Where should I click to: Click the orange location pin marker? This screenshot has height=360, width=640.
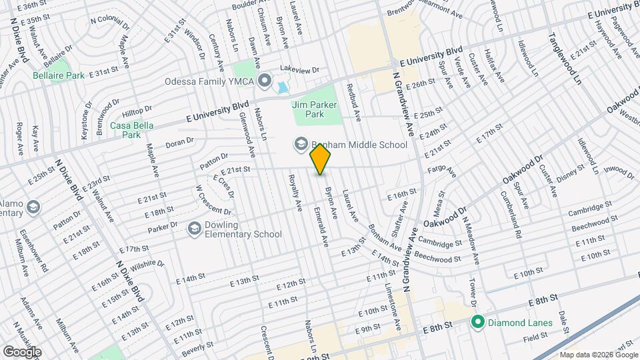pos(321,159)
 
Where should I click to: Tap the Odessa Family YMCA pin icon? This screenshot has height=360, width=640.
pos(265,82)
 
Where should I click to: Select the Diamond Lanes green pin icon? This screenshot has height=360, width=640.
pos(477,323)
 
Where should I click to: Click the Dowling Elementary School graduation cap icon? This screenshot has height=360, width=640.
pos(194,229)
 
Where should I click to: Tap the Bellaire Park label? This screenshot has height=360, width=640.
pos(59,75)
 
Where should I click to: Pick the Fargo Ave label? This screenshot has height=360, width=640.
pos(442,171)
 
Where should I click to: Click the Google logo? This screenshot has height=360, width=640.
pos(21,351)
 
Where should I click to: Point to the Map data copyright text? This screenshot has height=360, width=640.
pos(598,354)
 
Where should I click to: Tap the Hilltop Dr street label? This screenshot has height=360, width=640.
pos(138,111)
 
